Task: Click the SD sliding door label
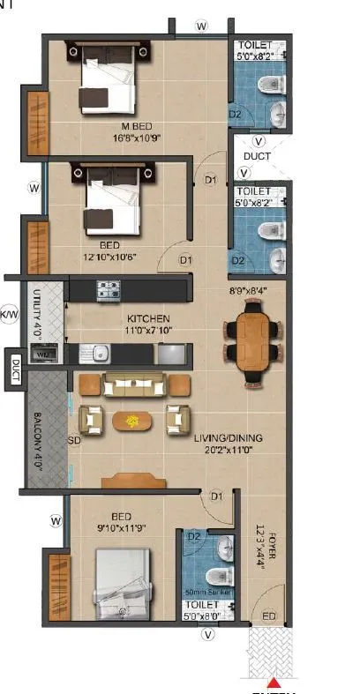(x=74, y=440)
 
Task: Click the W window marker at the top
(x=202, y=27)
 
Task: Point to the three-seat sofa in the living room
(x=134, y=384)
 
